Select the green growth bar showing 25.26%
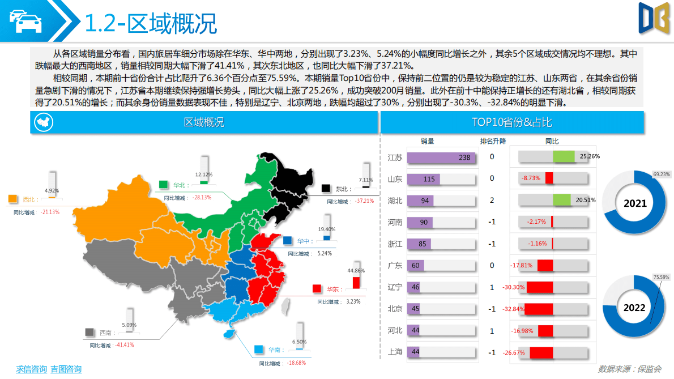[564, 156]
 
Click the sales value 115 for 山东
[429, 179]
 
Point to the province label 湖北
[395, 201]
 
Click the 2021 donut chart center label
[635, 203]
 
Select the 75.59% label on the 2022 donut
[661, 277]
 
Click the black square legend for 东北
[326, 188]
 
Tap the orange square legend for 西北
[12, 199]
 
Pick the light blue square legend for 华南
[259, 349]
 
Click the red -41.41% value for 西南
[125, 344]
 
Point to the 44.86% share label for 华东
[356, 271]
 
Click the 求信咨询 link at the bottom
[31, 369]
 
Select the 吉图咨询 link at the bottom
[66, 369]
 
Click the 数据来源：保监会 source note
[629, 369]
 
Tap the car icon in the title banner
[25, 22]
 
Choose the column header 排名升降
[493, 141]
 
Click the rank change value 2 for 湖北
[492, 201]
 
